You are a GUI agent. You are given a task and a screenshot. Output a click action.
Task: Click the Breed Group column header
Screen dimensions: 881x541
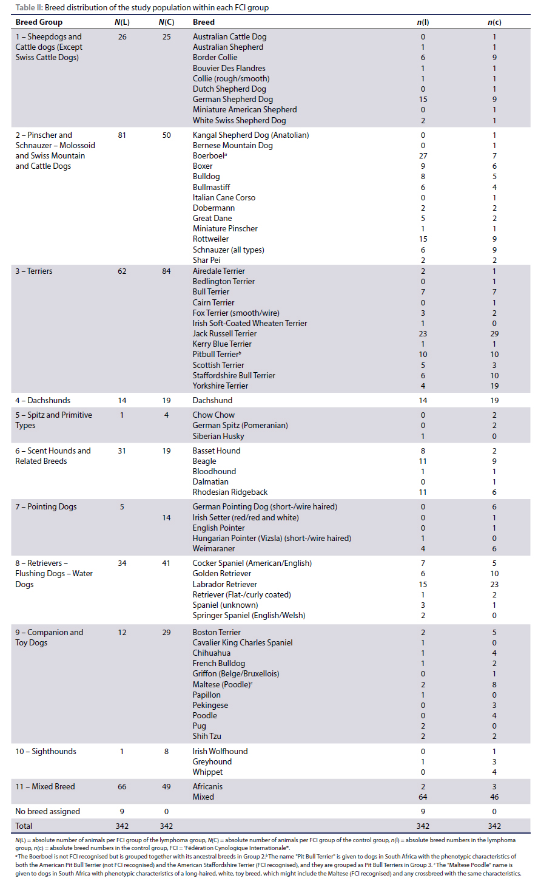[39, 22]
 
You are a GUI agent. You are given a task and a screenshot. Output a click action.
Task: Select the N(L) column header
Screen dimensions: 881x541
[122, 22]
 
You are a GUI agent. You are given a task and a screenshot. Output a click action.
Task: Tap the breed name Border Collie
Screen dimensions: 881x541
[215, 58]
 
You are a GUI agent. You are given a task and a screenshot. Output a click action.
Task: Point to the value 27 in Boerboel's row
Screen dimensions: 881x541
[423, 156]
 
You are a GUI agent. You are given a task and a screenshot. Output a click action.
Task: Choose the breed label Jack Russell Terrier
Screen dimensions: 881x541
[224, 333]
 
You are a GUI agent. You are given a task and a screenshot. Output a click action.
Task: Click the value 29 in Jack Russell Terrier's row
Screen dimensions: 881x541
[494, 333]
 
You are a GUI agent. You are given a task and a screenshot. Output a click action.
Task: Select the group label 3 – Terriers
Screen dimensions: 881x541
[34, 271]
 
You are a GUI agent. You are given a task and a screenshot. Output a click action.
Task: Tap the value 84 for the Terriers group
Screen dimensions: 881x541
[166, 271]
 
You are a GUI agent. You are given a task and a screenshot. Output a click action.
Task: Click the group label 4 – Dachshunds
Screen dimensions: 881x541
[42, 400]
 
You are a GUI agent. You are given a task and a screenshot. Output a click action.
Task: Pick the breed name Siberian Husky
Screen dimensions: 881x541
[218, 436]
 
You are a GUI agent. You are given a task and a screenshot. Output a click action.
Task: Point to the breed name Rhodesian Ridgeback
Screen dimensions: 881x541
[230, 492]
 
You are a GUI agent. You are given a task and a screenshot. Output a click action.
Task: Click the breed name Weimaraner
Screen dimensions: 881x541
[213, 548]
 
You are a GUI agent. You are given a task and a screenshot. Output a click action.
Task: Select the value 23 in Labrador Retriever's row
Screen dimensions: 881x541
[494, 584]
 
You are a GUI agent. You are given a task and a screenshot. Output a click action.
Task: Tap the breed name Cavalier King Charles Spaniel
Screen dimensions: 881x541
[243, 642]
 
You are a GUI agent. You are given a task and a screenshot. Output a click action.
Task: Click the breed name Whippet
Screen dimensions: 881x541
[207, 772]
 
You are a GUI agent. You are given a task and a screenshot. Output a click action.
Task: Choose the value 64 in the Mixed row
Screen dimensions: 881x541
[423, 797]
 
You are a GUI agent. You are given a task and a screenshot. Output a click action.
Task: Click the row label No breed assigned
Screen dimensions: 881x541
[47, 811]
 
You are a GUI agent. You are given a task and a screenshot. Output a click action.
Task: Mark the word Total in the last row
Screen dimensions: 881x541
[24, 826]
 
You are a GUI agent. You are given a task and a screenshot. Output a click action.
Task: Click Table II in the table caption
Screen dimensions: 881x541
[29, 8]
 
